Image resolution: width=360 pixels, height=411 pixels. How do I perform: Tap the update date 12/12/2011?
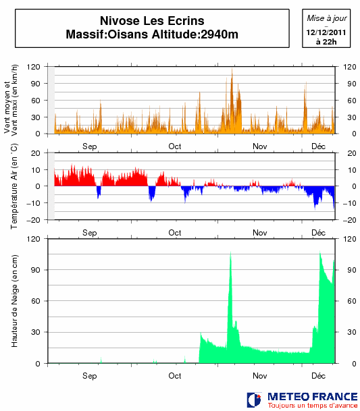coord(326,32)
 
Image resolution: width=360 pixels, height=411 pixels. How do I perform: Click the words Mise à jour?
coord(327,18)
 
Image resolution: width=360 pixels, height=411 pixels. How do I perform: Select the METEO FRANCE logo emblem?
coord(254,400)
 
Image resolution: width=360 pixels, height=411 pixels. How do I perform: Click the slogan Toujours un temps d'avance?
coord(313,406)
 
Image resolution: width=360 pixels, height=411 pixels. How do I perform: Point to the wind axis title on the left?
coord(11,100)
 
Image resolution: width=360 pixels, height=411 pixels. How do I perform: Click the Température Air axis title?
coord(14,186)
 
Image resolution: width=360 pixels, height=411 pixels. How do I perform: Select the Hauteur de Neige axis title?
coord(14,301)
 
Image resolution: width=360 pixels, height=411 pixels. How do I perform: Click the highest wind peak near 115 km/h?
coord(232,70)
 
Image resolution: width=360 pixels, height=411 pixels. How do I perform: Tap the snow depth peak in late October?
coord(230,252)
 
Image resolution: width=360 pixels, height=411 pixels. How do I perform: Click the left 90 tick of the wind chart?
coord(36,84)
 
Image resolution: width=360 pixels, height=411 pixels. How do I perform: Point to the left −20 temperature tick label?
coord(33,220)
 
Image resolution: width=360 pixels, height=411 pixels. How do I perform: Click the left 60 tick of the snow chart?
coord(36,301)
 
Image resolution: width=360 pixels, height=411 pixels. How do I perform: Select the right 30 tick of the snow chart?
coord(352,332)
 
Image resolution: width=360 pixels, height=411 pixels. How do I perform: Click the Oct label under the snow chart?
coord(175,376)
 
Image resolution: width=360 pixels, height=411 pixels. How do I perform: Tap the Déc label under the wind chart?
coord(318,146)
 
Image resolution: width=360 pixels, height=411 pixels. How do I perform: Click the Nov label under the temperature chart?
coord(260,233)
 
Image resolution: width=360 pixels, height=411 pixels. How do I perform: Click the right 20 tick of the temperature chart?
coord(352,153)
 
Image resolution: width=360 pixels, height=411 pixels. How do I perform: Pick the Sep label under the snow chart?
coord(89,376)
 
